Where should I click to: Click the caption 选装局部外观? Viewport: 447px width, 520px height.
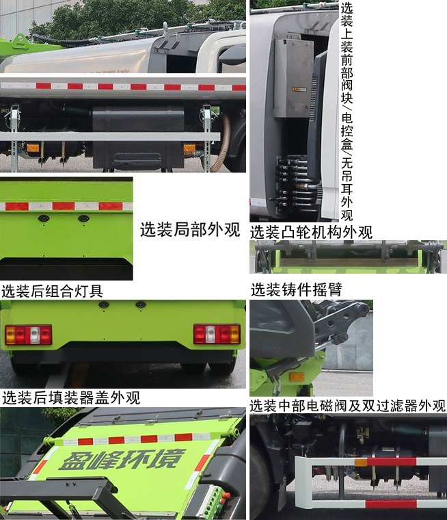pyautogui.click(x=189, y=230)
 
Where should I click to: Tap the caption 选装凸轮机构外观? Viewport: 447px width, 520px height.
pyautogui.click(x=311, y=232)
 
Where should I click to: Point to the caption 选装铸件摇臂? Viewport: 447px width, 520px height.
pyautogui.click(x=296, y=289)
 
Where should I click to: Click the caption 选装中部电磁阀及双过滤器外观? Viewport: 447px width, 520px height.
pyautogui.click(x=347, y=406)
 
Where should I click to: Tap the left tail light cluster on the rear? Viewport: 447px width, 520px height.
pyautogui.click(x=29, y=335)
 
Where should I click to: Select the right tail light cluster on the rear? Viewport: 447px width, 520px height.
pyautogui.click(x=217, y=334)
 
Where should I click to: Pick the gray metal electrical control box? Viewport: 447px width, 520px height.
pyautogui.click(x=293, y=75)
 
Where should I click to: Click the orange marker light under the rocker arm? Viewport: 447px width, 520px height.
pyautogui.click(x=297, y=376)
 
